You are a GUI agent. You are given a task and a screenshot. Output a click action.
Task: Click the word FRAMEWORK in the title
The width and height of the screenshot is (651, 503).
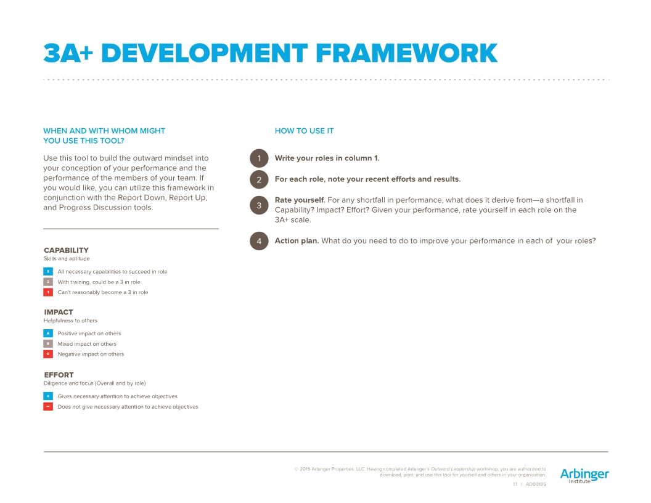point(406,54)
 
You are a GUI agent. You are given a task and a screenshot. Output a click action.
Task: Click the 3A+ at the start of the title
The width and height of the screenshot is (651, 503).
point(68,54)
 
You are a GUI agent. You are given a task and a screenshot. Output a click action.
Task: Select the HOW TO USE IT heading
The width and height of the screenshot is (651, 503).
point(304,131)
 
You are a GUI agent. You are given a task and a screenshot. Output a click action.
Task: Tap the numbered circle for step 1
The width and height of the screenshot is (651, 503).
point(259,158)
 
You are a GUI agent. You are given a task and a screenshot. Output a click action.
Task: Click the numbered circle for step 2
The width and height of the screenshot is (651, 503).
point(259,179)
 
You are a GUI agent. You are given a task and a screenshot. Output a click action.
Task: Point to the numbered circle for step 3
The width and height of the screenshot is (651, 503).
point(259,205)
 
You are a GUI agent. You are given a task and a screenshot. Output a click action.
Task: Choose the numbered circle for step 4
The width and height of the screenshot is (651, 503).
point(259,241)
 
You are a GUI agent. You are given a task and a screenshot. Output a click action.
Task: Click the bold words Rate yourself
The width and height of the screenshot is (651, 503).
point(300,200)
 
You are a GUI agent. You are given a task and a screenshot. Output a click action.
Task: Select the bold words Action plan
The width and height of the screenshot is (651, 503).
point(297,240)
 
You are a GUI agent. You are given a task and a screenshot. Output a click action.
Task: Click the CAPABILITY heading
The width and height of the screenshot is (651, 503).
point(66,250)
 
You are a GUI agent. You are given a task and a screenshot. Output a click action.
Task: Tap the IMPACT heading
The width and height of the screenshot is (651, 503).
point(59,312)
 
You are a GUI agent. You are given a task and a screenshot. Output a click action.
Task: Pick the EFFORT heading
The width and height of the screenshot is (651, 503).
point(59,375)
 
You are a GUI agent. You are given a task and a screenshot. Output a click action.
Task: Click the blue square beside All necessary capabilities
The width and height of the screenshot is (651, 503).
point(48,271)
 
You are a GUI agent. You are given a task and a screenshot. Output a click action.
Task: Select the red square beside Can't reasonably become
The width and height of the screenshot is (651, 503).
point(48,292)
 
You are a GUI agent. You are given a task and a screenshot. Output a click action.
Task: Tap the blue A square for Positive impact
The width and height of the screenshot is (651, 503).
point(48,333)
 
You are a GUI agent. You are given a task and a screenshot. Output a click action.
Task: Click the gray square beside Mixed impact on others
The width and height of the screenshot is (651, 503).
point(48,344)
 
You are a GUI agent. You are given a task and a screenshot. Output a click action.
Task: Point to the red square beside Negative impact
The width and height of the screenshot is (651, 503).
point(48,354)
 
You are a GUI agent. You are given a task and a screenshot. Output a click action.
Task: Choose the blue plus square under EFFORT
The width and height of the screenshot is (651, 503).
point(48,396)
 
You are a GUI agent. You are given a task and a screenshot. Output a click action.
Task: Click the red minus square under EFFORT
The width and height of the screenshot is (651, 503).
point(48,407)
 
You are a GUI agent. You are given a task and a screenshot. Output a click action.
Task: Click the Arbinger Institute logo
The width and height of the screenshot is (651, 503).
point(584,475)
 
